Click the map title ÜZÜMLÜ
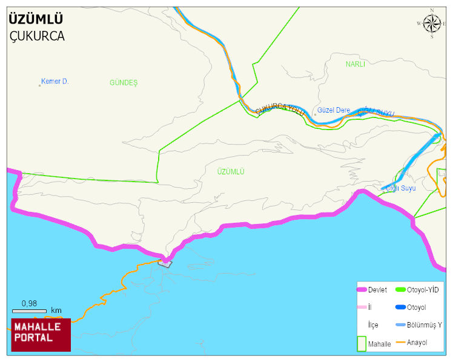(36, 19)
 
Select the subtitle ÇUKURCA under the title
(37, 36)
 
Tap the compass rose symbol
(432, 24)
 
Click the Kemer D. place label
(55, 81)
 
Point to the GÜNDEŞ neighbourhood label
(124, 82)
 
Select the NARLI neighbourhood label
(355, 64)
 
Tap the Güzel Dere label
(334, 110)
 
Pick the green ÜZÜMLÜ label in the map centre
(231, 172)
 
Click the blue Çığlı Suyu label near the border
(401, 188)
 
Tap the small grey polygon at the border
(165, 263)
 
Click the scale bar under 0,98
(29, 311)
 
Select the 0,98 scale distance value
(29, 303)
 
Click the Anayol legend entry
(417, 343)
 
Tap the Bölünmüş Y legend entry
(424, 325)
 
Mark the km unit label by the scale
(56, 311)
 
